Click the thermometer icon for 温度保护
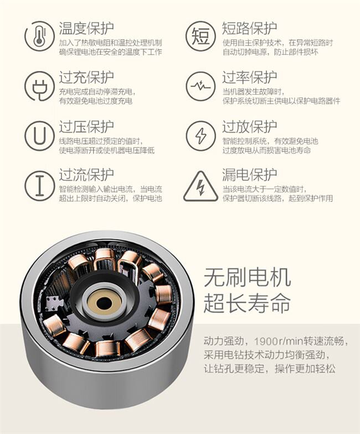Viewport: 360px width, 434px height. [x=39, y=37]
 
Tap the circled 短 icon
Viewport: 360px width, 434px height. [x=200, y=36]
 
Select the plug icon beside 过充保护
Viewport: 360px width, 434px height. [x=39, y=86]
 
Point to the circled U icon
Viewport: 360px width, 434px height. [x=39, y=136]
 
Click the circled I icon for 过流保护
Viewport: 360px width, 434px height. [x=39, y=186]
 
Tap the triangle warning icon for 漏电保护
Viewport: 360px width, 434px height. [x=200, y=186]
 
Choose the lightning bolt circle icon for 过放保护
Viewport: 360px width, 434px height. [x=200, y=136]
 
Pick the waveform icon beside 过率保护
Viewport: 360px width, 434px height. [x=200, y=86]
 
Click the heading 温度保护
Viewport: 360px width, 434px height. [x=86, y=28]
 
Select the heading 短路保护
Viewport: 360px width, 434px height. [x=250, y=28]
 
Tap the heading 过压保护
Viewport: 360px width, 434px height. [x=86, y=127]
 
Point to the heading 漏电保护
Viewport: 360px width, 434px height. [x=250, y=175]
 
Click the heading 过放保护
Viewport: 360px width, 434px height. [x=250, y=127]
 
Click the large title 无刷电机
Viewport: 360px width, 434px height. [x=247, y=277]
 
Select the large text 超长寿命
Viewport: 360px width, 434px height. [x=247, y=303]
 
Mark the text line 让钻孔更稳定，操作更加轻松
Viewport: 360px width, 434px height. [x=270, y=369]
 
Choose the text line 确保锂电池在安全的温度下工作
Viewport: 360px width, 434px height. [x=111, y=52]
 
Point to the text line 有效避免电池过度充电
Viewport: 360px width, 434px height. [x=96, y=101]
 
